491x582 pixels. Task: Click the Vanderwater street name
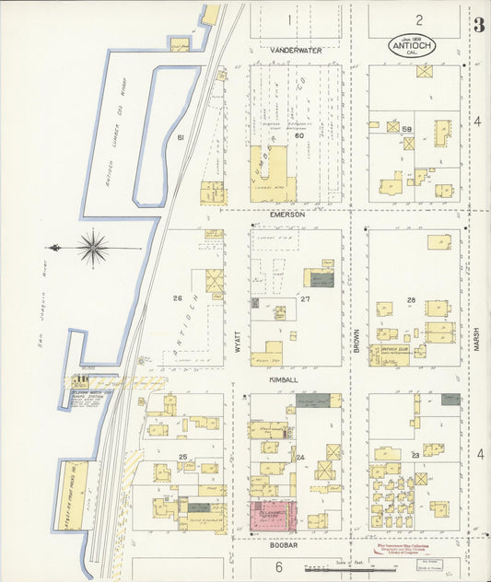(296, 51)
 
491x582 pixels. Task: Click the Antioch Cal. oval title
(406, 45)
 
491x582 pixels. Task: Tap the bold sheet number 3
(479, 25)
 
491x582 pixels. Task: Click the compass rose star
(92, 248)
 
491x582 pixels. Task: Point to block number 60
(298, 136)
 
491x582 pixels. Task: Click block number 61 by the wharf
(181, 137)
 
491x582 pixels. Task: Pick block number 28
(411, 300)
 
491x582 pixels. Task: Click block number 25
(183, 456)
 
